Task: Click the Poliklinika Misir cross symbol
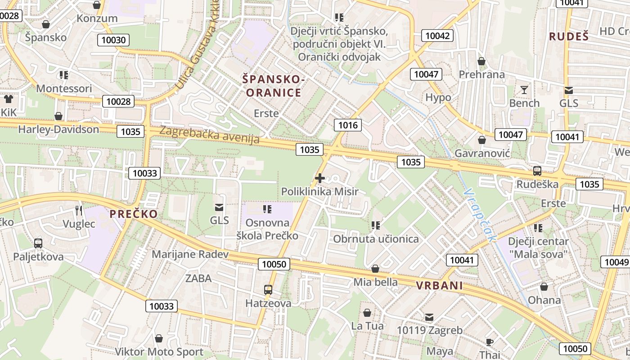coord(320,178)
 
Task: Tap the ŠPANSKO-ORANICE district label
coord(272,86)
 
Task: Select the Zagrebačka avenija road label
coord(210,135)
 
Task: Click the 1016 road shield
coord(348,125)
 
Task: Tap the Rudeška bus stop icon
coord(537,171)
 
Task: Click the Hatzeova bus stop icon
coord(268,289)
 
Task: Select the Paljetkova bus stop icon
coord(38,243)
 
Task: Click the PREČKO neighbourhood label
coord(134,214)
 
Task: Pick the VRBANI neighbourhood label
coord(439,286)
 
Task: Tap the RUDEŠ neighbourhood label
coord(569,37)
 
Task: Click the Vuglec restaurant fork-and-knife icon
coord(79,210)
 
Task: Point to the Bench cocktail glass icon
coord(524,90)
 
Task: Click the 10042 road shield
coord(437,36)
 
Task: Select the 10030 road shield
coord(113,40)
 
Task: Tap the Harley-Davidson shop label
coord(58,130)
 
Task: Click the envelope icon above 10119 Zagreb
coord(429,317)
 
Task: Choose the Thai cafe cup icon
coord(490,342)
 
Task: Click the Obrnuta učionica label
coord(376,239)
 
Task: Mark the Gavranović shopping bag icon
coord(482,140)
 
